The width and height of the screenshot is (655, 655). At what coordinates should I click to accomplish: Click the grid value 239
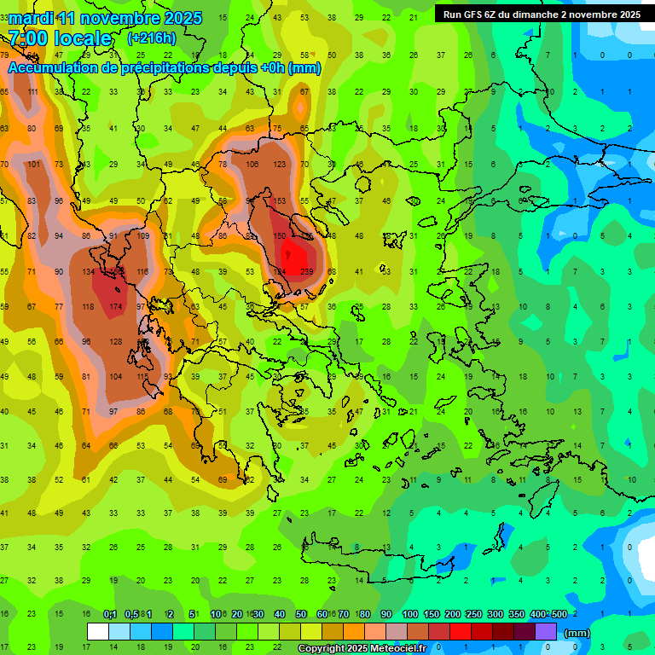coord(307,271)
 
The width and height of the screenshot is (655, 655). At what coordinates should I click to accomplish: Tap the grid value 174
coord(115,306)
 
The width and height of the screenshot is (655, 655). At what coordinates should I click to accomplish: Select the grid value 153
coord(279,200)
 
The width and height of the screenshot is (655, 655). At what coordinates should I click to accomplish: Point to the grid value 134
coord(88,271)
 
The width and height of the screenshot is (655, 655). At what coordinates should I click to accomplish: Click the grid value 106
coord(252,165)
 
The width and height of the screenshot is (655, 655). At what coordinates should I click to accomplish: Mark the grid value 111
coord(32,92)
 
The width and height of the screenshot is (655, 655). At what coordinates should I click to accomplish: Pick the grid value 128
coord(115,341)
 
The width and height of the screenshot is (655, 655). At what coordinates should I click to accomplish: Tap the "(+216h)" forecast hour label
coord(151,38)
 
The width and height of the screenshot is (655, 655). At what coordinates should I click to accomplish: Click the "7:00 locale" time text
coord(60,38)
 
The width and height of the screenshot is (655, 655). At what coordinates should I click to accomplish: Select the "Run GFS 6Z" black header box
coord(542,14)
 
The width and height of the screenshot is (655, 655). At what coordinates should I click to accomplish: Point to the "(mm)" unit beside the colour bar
coord(577,633)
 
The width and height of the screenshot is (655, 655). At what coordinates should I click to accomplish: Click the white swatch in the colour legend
coord(98,632)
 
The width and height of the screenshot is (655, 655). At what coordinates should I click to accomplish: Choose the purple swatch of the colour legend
coord(546,632)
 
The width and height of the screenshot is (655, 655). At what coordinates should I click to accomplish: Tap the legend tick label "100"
coord(410,614)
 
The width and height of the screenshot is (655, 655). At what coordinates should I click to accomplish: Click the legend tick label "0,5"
coord(131,614)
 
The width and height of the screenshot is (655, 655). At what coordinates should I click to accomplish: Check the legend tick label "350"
coord(518,614)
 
